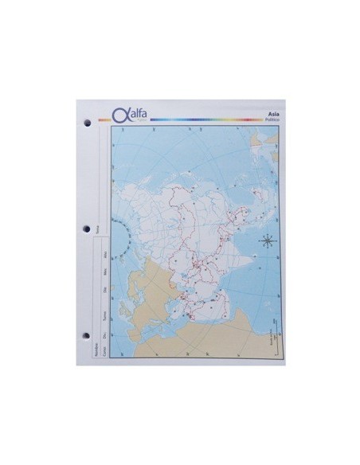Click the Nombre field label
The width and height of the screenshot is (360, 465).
95,349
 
